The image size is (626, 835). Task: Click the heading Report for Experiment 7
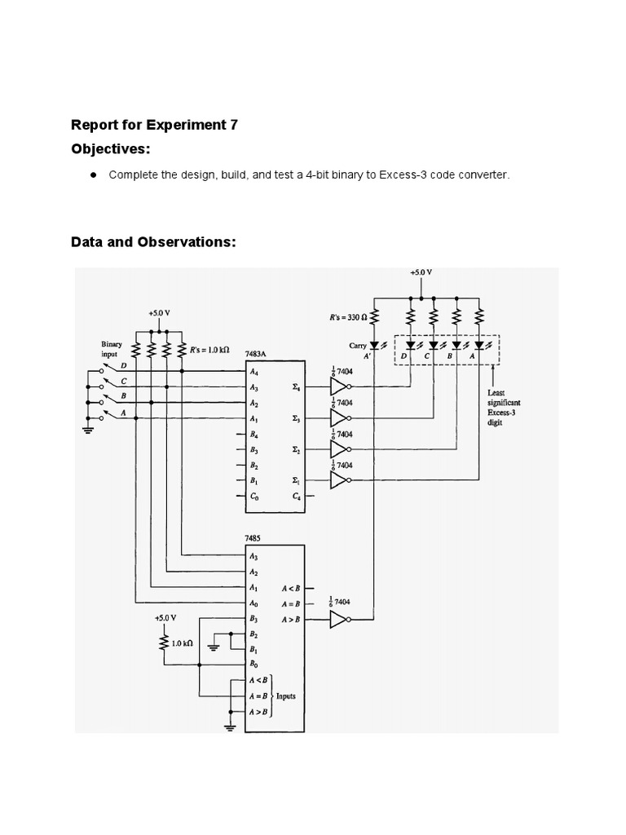[154, 125]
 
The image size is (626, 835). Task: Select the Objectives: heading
[111, 151]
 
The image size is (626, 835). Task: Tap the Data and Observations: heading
[153, 241]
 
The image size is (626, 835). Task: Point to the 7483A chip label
[256, 354]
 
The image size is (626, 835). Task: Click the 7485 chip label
[253, 539]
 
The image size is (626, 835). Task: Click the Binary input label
[112, 349]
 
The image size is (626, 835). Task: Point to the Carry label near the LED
[358, 346]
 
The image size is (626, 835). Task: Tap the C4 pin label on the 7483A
[296, 497]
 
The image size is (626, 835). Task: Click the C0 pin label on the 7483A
[254, 497]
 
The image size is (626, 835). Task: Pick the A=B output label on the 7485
[290, 603]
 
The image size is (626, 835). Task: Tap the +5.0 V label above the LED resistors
[421, 274]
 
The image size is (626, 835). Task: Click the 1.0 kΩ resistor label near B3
[181, 643]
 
